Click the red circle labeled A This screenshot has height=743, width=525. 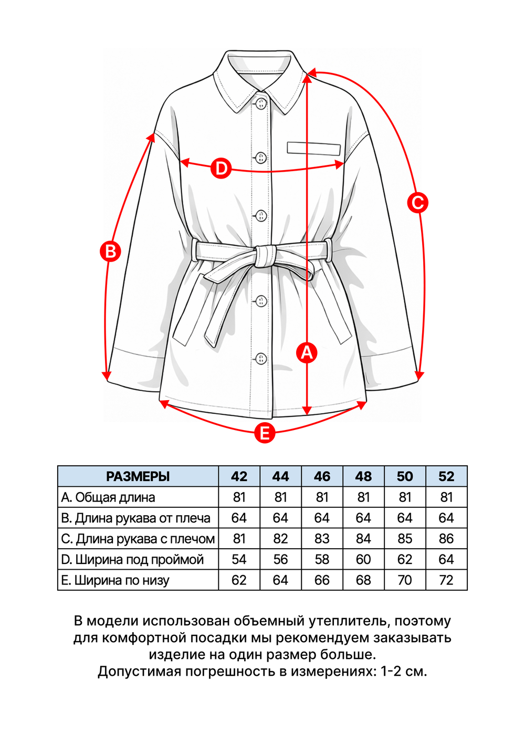[307, 352]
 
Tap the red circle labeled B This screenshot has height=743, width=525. [110, 251]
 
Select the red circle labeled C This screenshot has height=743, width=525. [417, 202]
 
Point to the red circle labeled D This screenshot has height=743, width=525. [221, 169]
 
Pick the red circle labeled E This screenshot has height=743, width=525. [265, 433]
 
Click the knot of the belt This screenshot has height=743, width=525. [265, 256]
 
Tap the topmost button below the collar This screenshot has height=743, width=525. [260, 103]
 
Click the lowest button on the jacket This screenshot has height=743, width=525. [261, 359]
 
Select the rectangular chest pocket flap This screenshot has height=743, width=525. [314, 148]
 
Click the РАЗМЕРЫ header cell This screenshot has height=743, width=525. [138, 476]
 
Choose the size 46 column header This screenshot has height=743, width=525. [322, 476]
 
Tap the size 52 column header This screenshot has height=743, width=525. [446, 476]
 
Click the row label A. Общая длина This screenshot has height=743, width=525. [108, 497]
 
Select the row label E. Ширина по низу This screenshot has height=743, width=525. [115, 580]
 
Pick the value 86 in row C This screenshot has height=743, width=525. [446, 539]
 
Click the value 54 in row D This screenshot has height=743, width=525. [239, 559]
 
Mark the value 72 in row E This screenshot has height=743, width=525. [446, 580]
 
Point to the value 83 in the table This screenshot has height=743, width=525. [322, 539]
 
